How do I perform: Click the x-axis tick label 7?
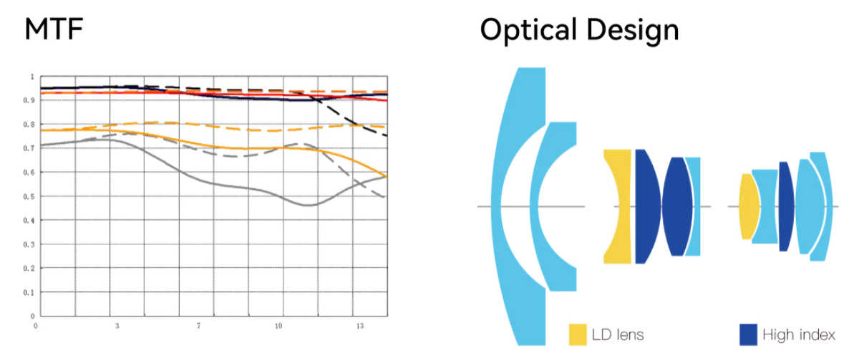198,325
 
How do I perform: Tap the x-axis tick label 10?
278,325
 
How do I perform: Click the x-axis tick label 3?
117,325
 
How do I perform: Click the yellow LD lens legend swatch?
578,334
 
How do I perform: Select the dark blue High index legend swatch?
748,334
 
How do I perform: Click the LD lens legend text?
618,334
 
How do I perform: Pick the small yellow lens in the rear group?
747,206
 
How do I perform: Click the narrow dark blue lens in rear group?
785,206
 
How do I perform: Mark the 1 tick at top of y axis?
31,76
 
